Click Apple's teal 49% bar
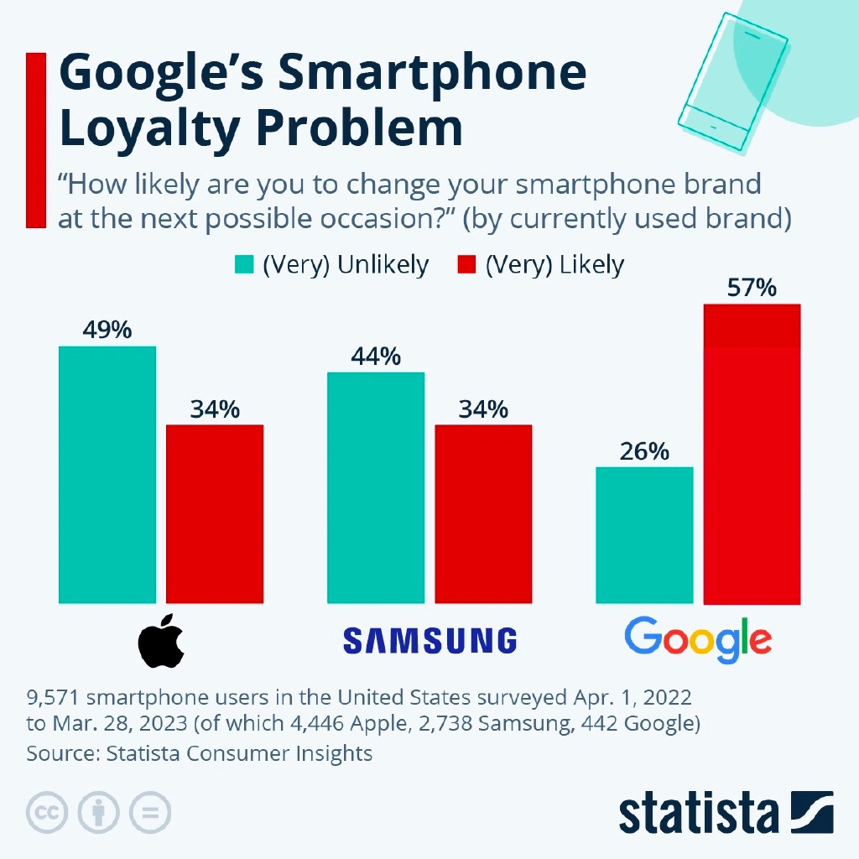click(107, 474)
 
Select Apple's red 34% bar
click(215, 513)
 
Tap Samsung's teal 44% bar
click(376, 487)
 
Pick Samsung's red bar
click(483, 513)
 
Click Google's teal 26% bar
click(644, 535)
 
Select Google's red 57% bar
click(752, 454)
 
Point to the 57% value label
click(752, 289)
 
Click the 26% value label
click(644, 451)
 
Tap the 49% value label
click(107, 331)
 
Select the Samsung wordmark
click(429, 640)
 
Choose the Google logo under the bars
click(698, 641)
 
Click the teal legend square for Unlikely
click(243, 265)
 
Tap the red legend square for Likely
click(467, 265)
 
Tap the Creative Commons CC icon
click(47, 812)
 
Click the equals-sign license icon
click(150, 812)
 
